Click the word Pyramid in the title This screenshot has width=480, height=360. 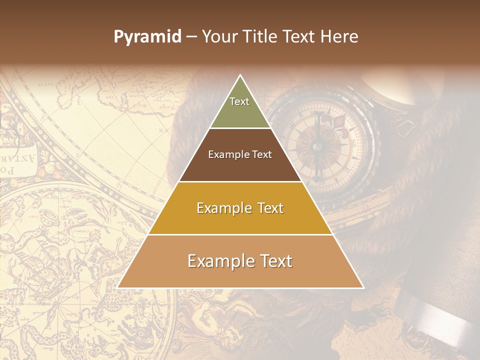(x=147, y=37)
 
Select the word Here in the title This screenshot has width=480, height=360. (x=340, y=37)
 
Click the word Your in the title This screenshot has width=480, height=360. (x=218, y=37)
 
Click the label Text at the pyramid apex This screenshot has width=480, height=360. (x=239, y=101)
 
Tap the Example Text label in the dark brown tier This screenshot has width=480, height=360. (x=240, y=154)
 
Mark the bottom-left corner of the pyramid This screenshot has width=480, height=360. (x=118, y=287)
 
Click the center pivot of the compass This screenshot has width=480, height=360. (x=316, y=146)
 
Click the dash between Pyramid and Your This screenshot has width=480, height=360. (x=191, y=37)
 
